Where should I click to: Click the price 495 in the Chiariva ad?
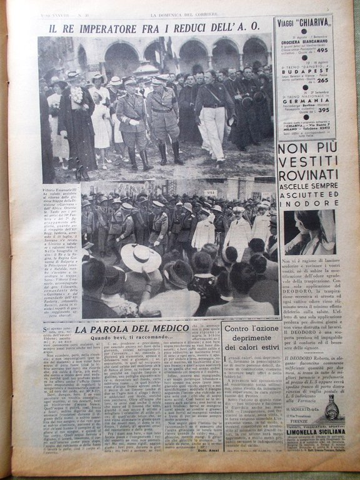point(323,51)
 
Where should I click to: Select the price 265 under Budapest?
point(323,79)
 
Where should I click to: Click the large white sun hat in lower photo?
point(141,257)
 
